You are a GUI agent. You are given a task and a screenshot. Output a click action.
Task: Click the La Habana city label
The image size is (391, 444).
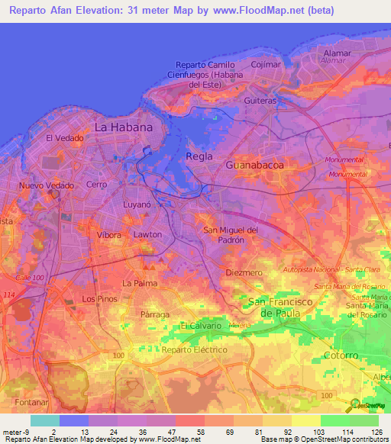click(x=123, y=127)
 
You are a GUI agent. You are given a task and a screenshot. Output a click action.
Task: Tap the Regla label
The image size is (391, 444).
click(x=199, y=156)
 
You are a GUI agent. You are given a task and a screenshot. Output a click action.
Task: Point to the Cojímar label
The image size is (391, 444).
click(x=267, y=65)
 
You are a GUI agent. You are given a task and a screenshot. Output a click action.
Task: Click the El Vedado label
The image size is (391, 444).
click(x=64, y=138)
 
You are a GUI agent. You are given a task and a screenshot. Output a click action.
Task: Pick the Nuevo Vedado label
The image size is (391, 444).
click(x=45, y=185)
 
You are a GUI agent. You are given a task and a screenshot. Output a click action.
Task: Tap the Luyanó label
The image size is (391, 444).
click(x=138, y=205)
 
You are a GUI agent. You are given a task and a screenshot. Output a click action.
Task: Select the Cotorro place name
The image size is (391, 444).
click(x=341, y=356)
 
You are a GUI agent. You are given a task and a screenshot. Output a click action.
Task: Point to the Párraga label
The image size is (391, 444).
click(x=155, y=314)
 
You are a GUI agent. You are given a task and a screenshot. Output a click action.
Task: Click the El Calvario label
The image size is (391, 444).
click(x=201, y=326)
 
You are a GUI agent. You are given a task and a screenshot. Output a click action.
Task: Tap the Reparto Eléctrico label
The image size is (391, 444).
click(x=195, y=349)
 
